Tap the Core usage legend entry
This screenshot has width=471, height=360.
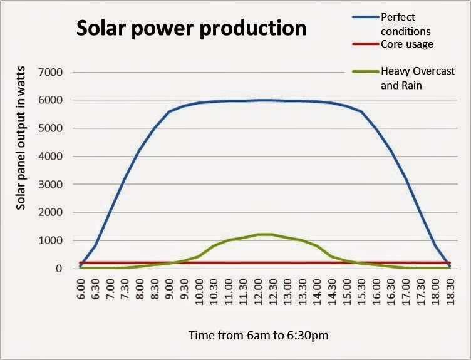coord(406,44)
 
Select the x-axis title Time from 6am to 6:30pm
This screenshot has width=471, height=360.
coord(258,336)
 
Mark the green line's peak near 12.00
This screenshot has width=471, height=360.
coord(263,234)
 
